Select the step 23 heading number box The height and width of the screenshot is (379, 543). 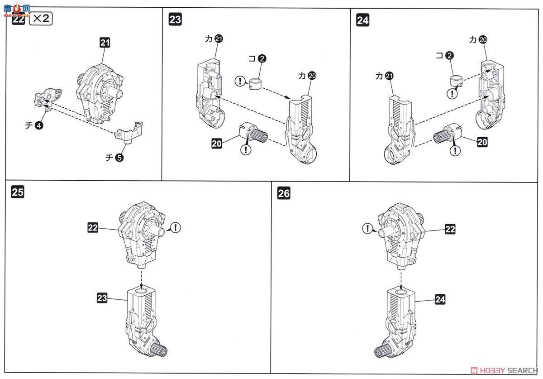175,19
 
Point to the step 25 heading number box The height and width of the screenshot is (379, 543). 18,192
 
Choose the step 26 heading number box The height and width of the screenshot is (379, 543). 284,194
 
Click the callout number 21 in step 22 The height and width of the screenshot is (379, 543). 105,43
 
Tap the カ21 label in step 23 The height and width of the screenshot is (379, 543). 214,39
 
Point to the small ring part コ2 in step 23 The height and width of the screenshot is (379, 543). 256,83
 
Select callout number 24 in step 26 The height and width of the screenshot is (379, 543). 440,299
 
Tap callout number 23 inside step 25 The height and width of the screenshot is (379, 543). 102,297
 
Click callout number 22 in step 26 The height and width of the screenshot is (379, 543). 449,229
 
